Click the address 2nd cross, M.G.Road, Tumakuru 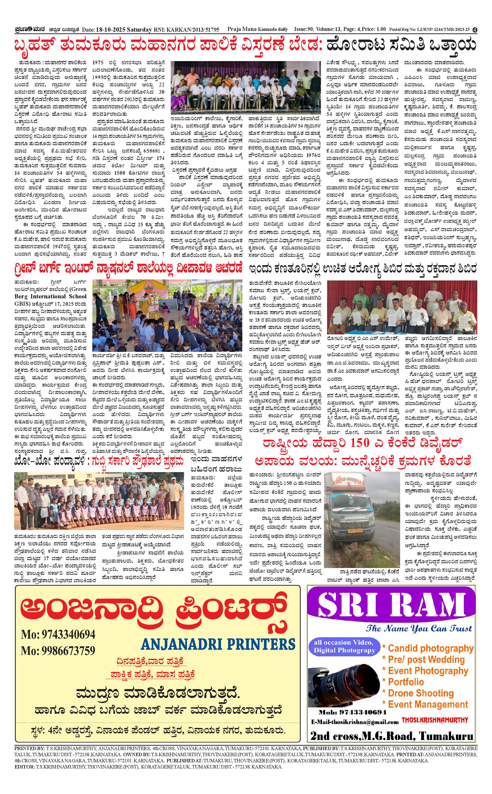point(392,736)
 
